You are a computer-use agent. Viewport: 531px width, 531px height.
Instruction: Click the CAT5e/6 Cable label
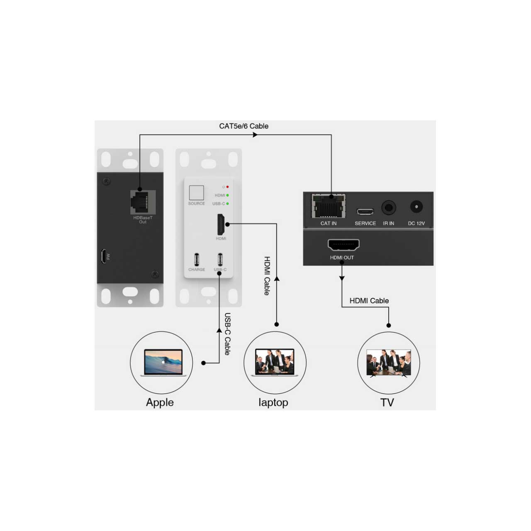[x=244, y=126]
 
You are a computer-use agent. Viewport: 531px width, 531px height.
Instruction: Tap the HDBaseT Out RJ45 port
[x=143, y=202]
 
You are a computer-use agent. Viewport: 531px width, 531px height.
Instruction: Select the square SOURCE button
[x=196, y=192]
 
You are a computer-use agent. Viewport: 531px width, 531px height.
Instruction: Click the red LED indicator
[x=227, y=187]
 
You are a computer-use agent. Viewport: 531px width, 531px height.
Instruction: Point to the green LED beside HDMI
[x=227, y=195]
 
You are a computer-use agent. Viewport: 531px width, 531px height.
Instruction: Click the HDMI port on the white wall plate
[x=221, y=224]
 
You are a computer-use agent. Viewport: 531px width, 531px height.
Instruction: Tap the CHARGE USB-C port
[x=197, y=259]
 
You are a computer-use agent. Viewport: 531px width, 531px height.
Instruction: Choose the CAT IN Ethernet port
[x=328, y=206]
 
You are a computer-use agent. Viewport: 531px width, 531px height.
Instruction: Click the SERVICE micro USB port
[x=365, y=211]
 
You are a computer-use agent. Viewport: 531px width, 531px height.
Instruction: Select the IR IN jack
[x=389, y=207]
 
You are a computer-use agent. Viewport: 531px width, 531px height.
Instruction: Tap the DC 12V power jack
[x=417, y=207]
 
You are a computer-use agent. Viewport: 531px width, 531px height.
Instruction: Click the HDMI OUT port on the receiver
[x=343, y=245]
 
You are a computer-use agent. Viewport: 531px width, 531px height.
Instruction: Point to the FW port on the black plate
[x=103, y=256]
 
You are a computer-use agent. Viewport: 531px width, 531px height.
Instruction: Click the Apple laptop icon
[x=163, y=362]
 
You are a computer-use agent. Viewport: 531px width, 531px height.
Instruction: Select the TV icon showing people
[x=389, y=363]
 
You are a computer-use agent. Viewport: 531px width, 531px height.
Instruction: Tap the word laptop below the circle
[x=273, y=403]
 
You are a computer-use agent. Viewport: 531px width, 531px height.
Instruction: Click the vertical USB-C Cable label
[x=227, y=334]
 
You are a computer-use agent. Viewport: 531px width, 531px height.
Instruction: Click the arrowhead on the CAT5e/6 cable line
[x=255, y=135]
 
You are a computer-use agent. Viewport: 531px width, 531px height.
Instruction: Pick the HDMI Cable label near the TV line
[x=369, y=301]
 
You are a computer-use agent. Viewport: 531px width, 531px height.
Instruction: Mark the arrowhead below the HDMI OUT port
[x=342, y=279]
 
